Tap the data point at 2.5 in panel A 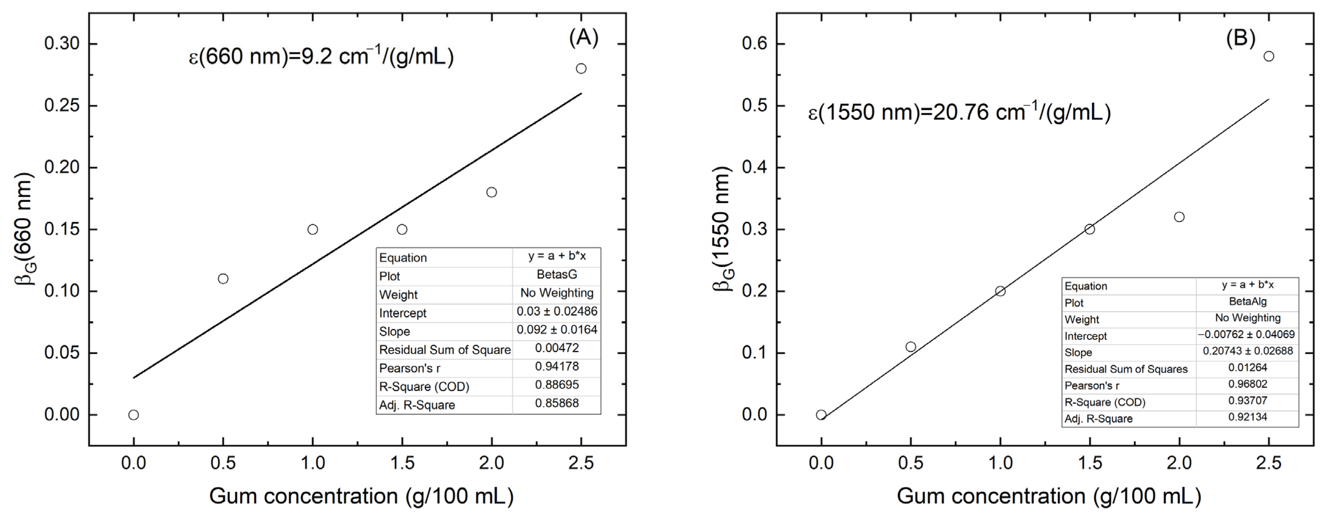coord(581,69)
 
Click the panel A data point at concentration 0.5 coord(223,279)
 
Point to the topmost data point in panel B coord(1269,56)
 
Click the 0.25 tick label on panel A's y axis coord(62,105)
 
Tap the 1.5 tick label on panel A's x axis coord(402,463)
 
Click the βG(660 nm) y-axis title coord(23,229)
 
